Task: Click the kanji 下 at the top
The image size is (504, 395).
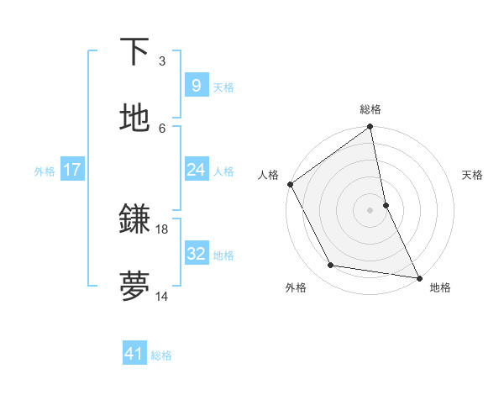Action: point(134,52)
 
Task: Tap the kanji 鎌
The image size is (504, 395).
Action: point(134,220)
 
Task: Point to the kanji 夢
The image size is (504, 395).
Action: point(134,287)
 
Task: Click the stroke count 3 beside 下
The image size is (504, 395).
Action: point(162,61)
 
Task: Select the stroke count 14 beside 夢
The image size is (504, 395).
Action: point(162,296)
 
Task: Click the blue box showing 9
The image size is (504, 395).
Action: point(196,86)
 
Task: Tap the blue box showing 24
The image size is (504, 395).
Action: point(196,170)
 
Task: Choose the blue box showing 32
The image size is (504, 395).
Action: point(196,254)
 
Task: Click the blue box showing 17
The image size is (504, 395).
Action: point(71,170)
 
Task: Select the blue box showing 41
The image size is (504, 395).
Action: point(134,355)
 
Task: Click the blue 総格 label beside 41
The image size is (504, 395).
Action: point(161,355)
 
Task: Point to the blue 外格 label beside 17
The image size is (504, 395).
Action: point(45,171)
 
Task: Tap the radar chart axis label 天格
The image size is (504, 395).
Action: point(472,175)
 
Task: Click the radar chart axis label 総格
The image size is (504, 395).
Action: point(370,109)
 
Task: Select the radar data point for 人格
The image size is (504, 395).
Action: point(290,184)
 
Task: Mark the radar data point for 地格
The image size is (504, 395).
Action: point(418,277)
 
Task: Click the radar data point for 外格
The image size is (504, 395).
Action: point(331,266)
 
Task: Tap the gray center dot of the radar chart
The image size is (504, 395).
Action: point(370,210)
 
